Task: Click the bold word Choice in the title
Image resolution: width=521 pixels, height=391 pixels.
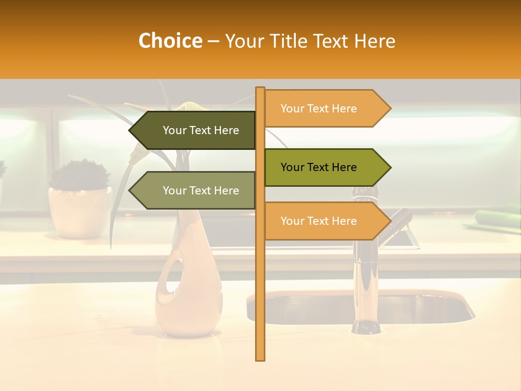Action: click(x=170, y=41)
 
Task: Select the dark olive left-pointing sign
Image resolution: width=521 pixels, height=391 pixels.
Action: click(x=201, y=130)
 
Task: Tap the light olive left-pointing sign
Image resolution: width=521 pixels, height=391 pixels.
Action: click(x=201, y=191)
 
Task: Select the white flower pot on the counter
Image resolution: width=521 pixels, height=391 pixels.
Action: click(x=79, y=212)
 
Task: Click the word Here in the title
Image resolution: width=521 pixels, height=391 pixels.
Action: click(x=374, y=41)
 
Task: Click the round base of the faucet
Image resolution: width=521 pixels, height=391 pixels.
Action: click(x=365, y=327)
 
